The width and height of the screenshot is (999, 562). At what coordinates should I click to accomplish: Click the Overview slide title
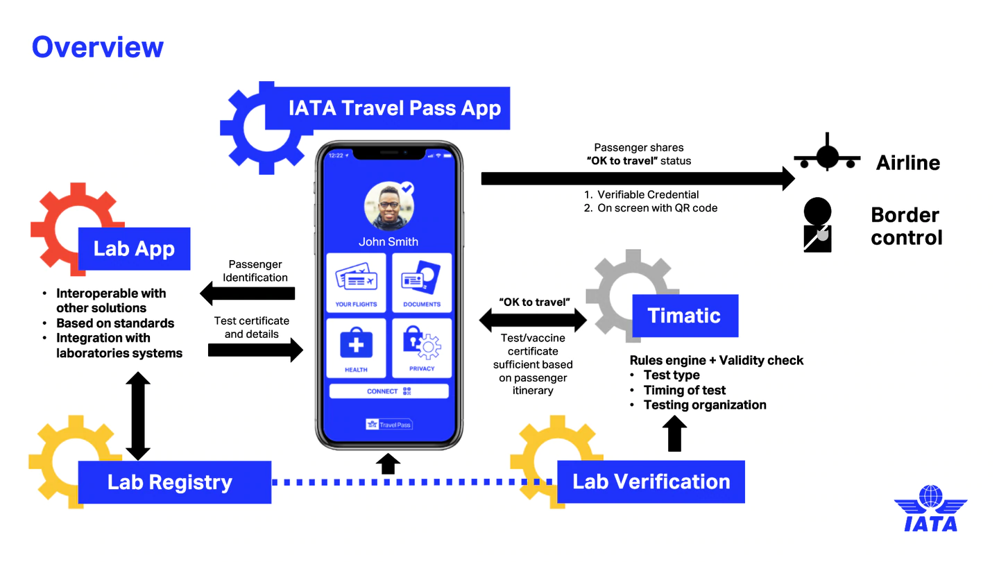pyautogui.click(x=98, y=47)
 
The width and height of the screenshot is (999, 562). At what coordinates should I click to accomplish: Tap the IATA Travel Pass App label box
pyautogui.click(x=393, y=108)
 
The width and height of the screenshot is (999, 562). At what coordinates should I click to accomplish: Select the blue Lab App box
pyautogui.click(x=134, y=249)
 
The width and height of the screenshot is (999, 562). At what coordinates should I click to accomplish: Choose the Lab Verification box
pyautogui.click(x=651, y=482)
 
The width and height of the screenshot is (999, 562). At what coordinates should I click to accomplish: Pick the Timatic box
pyautogui.click(x=684, y=316)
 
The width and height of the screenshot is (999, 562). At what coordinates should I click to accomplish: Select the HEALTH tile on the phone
pyautogui.click(x=356, y=347)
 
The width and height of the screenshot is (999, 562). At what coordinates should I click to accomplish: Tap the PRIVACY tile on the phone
pyautogui.click(x=422, y=347)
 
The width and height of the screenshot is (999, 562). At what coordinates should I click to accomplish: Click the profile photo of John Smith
pyautogui.click(x=388, y=206)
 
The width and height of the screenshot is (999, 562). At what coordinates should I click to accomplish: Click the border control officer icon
pyautogui.click(x=817, y=224)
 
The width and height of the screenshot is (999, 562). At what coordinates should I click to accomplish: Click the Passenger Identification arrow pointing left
pyautogui.click(x=248, y=294)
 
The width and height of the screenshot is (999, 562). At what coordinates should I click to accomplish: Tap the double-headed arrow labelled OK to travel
pyautogui.click(x=533, y=320)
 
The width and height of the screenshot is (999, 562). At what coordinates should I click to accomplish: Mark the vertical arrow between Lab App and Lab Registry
pyautogui.click(x=138, y=415)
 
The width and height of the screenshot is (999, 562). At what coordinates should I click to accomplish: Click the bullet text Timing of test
pyautogui.click(x=684, y=390)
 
